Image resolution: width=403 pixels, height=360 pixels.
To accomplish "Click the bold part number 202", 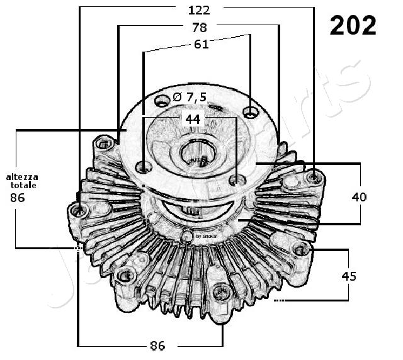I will pyautogui.click(x=353, y=25).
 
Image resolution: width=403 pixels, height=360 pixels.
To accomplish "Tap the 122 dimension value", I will pyautogui.click(x=198, y=9).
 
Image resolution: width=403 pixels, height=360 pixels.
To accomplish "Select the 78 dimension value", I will pyautogui.click(x=199, y=27).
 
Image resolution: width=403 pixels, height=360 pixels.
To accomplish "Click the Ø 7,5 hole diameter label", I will pyautogui.click(x=189, y=97).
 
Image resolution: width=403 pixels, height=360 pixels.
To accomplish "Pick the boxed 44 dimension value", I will pyautogui.click(x=192, y=119).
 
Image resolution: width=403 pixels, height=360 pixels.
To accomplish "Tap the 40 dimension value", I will pyautogui.click(x=359, y=196).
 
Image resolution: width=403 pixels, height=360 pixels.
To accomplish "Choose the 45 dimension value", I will pyautogui.click(x=349, y=276).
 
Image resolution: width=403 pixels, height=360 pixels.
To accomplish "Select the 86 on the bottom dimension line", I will pyautogui.click(x=157, y=346).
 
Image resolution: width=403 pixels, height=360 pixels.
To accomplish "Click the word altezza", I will pyautogui.click(x=22, y=177).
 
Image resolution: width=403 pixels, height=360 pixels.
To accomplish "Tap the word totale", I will pyautogui.click(x=23, y=186).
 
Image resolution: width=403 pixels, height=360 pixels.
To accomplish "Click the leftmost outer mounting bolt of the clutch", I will pyautogui.click(x=79, y=209).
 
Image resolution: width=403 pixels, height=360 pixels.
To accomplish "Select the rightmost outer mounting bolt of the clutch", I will pyautogui.click(x=314, y=177).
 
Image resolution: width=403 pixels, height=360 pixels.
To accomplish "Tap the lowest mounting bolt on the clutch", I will pyautogui.click(x=222, y=291).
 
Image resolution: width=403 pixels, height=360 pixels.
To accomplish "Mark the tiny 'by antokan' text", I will pyautogui.click(x=207, y=236).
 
